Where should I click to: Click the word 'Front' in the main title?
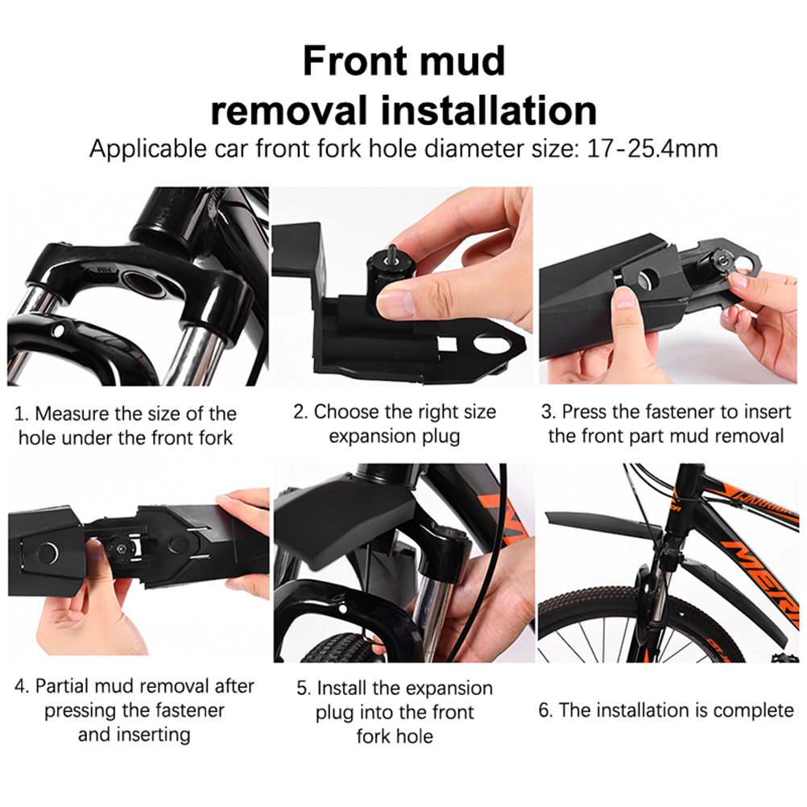355,60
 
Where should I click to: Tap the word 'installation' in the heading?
489,110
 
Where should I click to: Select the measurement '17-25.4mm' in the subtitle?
652,149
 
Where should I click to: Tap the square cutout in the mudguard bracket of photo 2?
447,343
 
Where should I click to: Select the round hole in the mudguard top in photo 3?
648,278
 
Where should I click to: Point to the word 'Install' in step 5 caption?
341,688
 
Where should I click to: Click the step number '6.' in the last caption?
545,710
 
